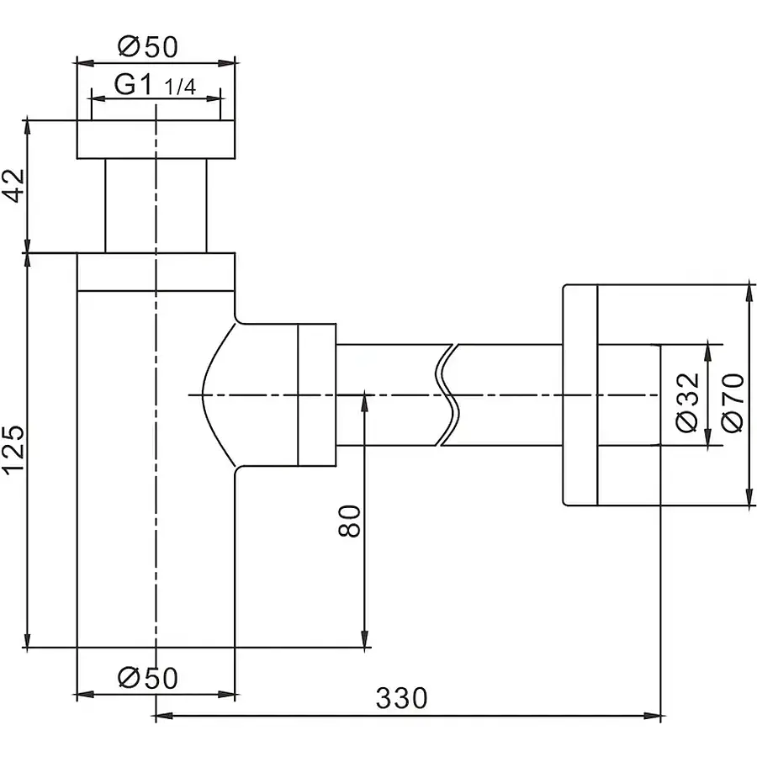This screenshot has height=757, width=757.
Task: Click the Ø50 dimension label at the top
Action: coord(148,47)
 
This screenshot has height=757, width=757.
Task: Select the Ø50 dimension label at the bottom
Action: coord(148,677)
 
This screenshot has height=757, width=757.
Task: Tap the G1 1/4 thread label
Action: coord(155,85)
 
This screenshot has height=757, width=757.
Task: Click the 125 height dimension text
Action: coord(14,450)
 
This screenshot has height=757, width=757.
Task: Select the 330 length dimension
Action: coord(402,698)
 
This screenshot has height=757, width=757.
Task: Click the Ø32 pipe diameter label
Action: coord(687,403)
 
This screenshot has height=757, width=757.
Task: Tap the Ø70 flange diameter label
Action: coord(733,403)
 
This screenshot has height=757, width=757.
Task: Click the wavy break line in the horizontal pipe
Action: coord(447,394)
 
